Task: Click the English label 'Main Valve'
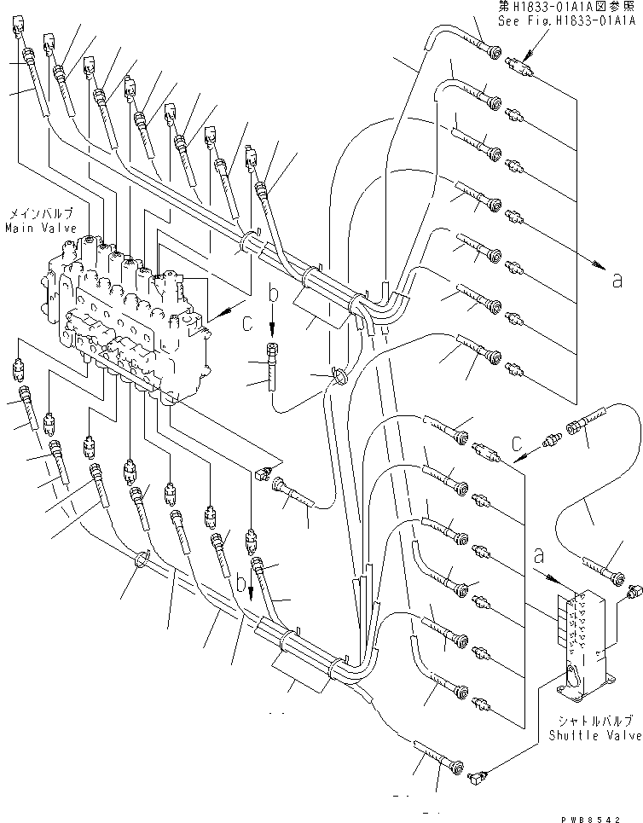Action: pyautogui.click(x=41, y=229)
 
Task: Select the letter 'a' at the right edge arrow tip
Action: pyautogui.click(x=617, y=279)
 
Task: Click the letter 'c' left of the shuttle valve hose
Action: pyautogui.click(x=518, y=443)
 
